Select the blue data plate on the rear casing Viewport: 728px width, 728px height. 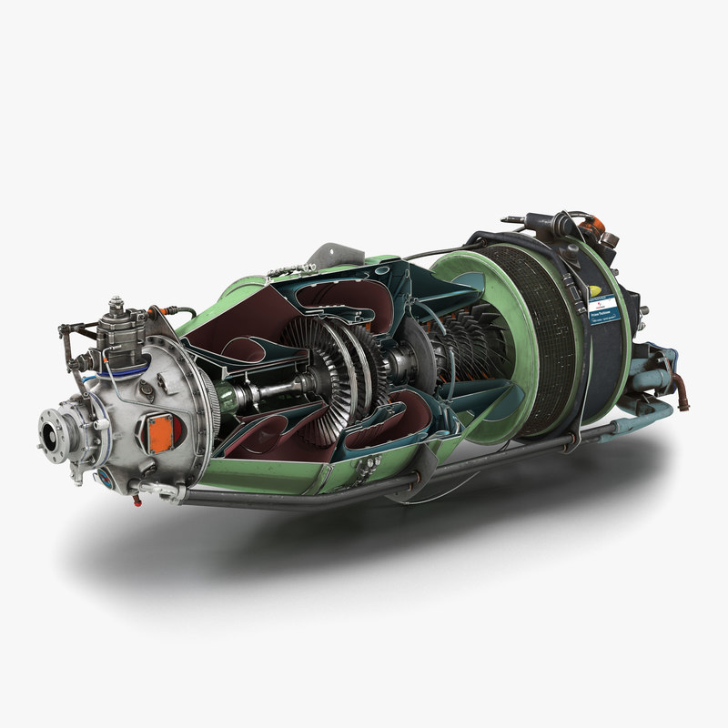pyautogui.click(x=602, y=315)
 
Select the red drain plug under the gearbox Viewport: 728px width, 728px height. pyautogui.click(x=137, y=500)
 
